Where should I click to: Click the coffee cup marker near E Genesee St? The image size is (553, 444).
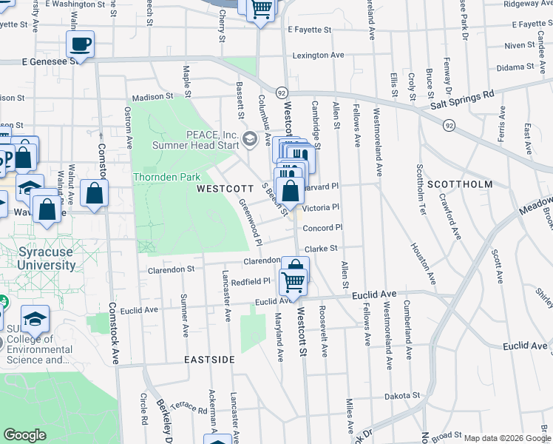[80, 44]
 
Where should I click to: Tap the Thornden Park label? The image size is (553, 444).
[166, 178]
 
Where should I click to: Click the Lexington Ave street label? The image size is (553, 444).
[318, 55]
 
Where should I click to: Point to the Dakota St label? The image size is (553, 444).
[401, 397]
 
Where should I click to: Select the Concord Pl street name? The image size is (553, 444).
[322, 228]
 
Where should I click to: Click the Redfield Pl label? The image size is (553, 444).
[251, 282]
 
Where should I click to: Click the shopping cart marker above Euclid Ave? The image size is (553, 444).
[294, 281]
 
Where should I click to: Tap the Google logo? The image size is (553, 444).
[25, 435]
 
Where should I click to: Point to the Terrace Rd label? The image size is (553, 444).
[192, 406]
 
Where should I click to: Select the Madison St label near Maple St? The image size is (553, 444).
[152, 96]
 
